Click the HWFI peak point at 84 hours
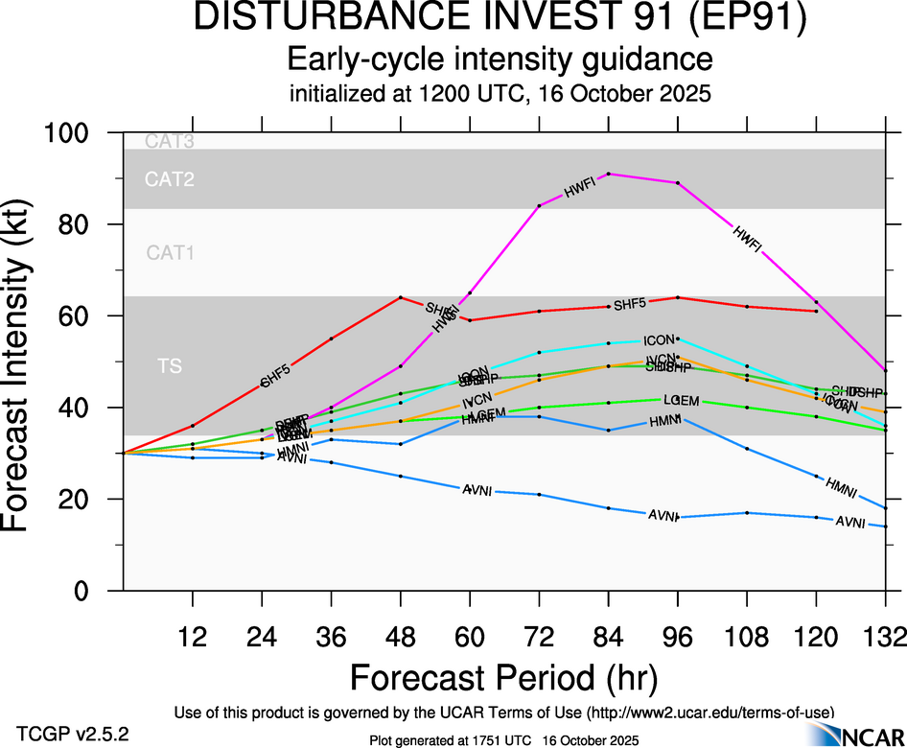pyautogui.click(x=609, y=174)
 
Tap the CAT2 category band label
pyautogui.click(x=170, y=179)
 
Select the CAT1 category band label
pyautogui.click(x=171, y=253)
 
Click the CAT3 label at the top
pyautogui.click(x=170, y=142)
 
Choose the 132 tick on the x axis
pyautogui.click(x=884, y=636)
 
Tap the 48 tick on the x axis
pyautogui.click(x=401, y=636)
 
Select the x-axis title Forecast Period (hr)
pyautogui.click(x=504, y=678)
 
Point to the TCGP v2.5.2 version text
pyautogui.click(x=73, y=733)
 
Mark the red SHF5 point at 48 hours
pyautogui.click(x=401, y=297)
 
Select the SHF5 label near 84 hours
pyautogui.click(x=630, y=305)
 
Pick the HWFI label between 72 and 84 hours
pyautogui.click(x=580, y=190)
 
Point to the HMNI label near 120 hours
pyautogui.click(x=841, y=485)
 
